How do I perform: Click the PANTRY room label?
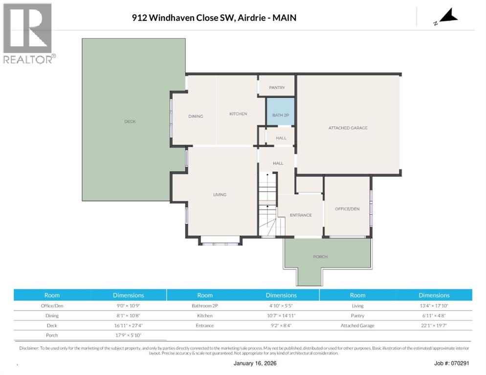(x=277, y=88)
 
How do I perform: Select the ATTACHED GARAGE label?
(x=348, y=128)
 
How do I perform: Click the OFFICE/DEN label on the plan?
(x=347, y=209)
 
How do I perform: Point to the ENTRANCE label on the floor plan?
(x=300, y=215)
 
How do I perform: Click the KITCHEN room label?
(x=238, y=114)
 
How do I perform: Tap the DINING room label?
(x=196, y=116)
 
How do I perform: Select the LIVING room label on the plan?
(x=220, y=195)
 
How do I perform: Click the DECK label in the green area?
(x=130, y=122)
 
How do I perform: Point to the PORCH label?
(x=320, y=256)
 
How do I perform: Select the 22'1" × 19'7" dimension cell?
(x=434, y=325)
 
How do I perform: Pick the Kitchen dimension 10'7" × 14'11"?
(x=281, y=315)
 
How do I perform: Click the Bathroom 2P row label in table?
(x=205, y=306)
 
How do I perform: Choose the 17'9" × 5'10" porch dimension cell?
(x=128, y=335)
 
